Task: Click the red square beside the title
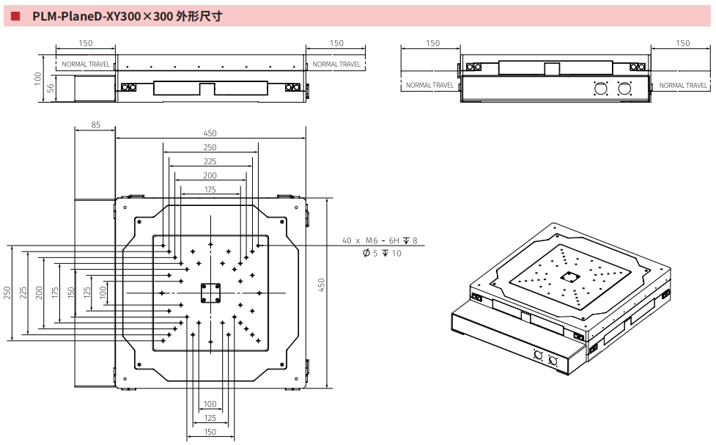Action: [15, 15]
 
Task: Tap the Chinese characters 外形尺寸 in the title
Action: [199, 15]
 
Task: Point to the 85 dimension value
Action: [95, 125]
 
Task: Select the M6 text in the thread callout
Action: [373, 240]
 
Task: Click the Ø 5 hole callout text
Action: [371, 253]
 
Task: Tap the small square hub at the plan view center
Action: [210, 293]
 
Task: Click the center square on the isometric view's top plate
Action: [569, 277]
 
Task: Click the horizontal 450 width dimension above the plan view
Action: [210, 133]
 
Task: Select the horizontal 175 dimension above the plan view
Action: [210, 190]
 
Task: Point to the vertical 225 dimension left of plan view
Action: [23, 292]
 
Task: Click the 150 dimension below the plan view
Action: [210, 432]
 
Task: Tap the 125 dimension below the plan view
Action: [210, 418]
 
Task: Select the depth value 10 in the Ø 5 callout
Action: [396, 253]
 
